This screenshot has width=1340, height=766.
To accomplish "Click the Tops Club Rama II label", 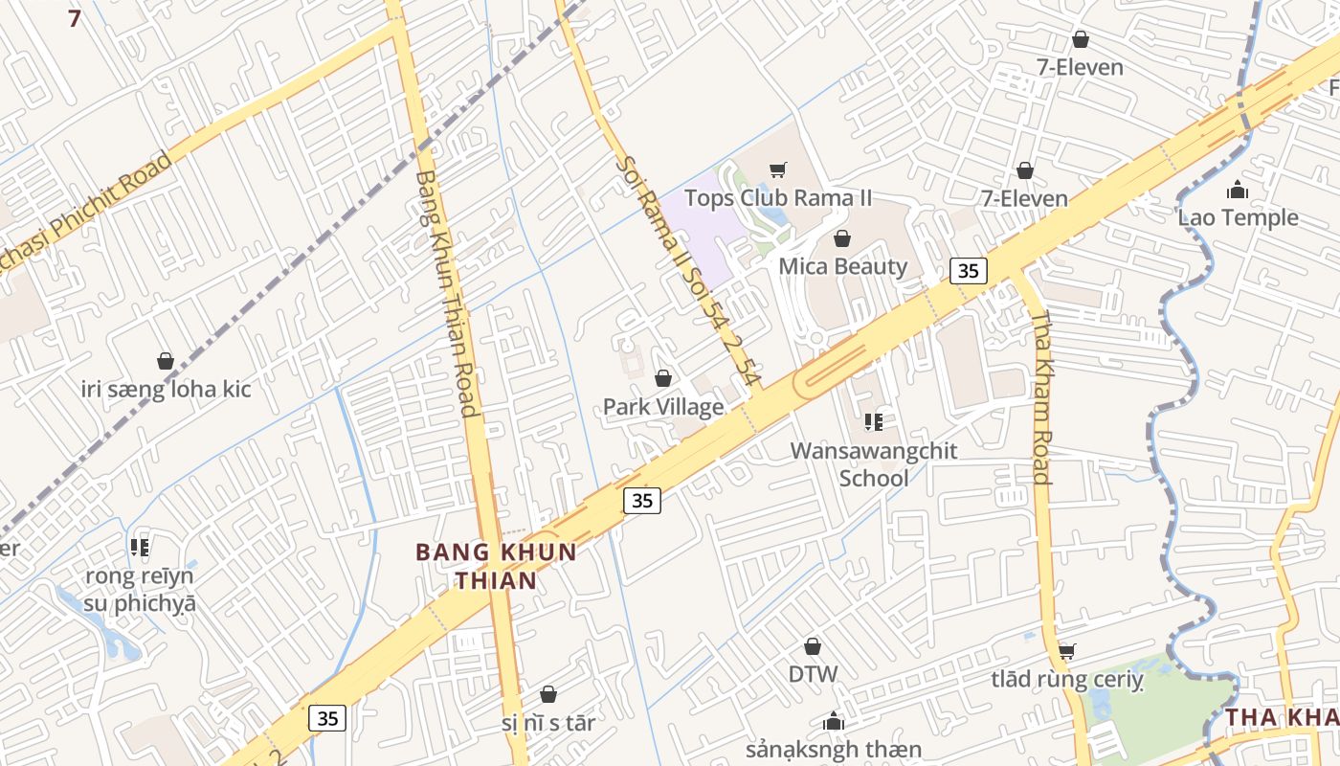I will [778, 198].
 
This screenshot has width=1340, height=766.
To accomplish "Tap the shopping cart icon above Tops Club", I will [778, 170].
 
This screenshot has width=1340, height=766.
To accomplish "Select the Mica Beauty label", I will [842, 266].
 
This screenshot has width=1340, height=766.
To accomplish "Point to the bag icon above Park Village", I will [662, 379].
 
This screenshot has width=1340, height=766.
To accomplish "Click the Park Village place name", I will [662, 407].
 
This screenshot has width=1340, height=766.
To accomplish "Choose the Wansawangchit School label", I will [873, 464].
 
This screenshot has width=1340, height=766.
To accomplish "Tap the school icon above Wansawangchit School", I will [873, 421].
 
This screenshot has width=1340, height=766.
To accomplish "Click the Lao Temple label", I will [1238, 217].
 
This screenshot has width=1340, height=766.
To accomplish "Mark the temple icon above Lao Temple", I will [1238, 190].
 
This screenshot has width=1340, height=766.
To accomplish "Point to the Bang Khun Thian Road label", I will [447, 293].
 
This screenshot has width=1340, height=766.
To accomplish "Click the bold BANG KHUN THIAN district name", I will [496, 566].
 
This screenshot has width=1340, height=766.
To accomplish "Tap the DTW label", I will [813, 674].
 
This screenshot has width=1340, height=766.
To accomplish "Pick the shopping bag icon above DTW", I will [813, 647].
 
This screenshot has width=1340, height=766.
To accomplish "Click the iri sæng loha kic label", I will [166, 389].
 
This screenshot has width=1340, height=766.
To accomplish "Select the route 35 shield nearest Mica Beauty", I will [968, 271].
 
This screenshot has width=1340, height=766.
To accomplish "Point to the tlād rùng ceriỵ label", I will [1066, 680].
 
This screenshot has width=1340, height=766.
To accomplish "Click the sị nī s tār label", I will [547, 723].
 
